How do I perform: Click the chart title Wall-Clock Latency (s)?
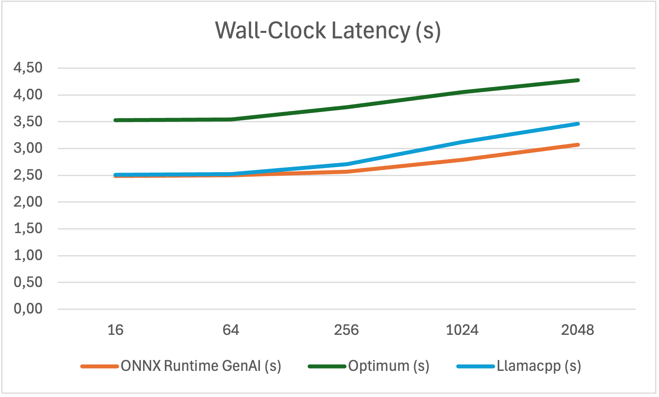(328, 30)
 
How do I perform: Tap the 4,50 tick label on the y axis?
(28, 68)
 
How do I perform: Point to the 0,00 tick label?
(28, 309)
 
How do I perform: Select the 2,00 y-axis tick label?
(28, 202)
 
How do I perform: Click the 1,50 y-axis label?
(28, 228)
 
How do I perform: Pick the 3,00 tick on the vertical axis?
(28, 148)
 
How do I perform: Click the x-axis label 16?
(115, 330)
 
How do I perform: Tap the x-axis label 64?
(231, 330)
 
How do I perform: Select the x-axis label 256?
(346, 330)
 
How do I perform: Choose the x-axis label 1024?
(462, 330)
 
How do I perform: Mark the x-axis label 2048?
(577, 330)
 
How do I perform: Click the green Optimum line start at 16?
(116, 120)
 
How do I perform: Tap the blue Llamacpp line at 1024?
(462, 142)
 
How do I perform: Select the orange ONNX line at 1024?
(462, 160)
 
